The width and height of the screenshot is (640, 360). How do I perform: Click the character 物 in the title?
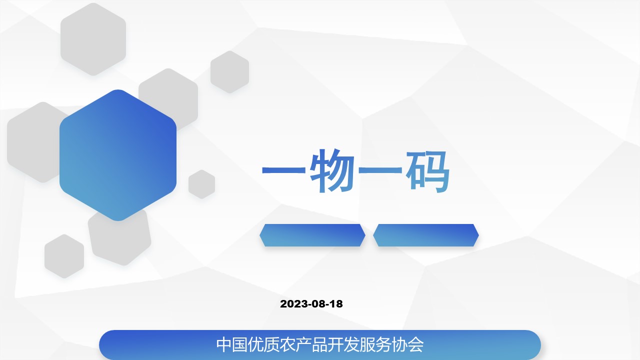click(x=331, y=170)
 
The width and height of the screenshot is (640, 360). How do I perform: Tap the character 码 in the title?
click(x=427, y=171)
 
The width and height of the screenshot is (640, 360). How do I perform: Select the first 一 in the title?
click(x=283, y=170)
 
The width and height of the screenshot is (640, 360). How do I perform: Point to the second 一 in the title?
click(x=380, y=170)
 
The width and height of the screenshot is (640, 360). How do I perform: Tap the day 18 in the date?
click(x=336, y=304)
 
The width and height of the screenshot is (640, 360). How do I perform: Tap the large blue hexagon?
click(x=118, y=155)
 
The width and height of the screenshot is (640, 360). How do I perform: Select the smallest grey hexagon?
click(x=201, y=184)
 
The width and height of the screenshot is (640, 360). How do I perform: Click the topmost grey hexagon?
click(x=93, y=39)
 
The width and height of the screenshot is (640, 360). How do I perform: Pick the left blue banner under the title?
click(x=312, y=235)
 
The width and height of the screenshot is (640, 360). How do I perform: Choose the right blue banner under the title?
click(x=425, y=235)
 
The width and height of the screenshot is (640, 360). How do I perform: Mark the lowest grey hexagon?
click(x=64, y=256)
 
